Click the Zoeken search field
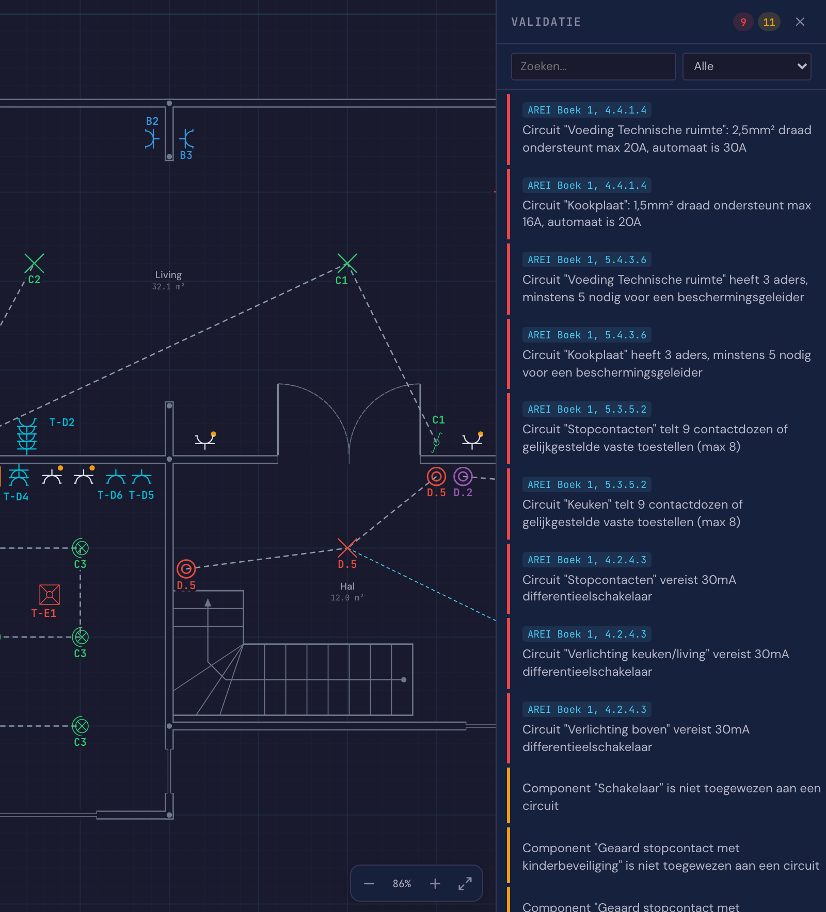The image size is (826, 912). (593, 67)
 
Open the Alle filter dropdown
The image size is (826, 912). (746, 67)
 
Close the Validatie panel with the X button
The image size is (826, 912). (800, 22)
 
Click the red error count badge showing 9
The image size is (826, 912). (743, 22)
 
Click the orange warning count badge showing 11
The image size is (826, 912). (769, 22)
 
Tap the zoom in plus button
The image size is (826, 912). (435, 884)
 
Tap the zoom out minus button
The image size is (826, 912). (369, 884)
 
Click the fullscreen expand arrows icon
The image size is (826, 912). (465, 884)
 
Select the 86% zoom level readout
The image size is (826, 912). (402, 884)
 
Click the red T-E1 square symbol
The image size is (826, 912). (50, 594)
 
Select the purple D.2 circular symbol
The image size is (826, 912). (463, 477)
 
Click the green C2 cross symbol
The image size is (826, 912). (34, 263)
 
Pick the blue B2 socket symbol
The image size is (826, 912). (151, 139)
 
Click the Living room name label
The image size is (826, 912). (168, 275)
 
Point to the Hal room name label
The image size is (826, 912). (347, 587)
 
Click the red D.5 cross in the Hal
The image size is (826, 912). (347, 548)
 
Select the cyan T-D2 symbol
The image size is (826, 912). (27, 436)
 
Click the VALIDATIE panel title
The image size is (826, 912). (546, 22)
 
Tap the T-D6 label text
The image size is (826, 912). (110, 495)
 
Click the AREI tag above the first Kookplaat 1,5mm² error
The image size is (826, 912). (587, 185)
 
